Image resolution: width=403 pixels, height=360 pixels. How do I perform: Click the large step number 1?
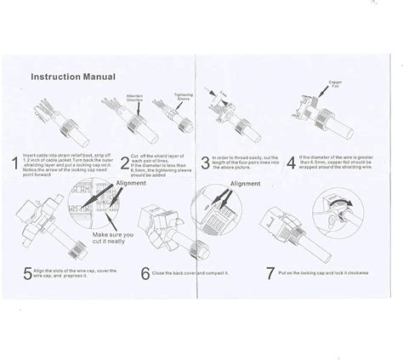pyautogui.click(x=15, y=163)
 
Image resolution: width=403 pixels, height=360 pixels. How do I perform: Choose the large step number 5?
pyautogui.click(x=30, y=275)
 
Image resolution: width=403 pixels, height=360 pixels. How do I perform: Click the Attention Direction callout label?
pyautogui.click(x=137, y=98)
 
